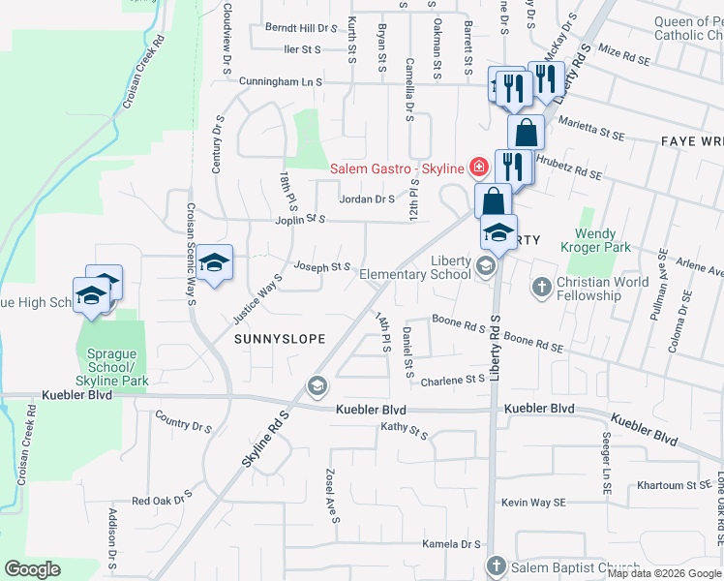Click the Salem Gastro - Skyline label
pyautogui.click(x=398, y=168)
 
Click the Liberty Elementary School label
pyautogui.click(x=415, y=268)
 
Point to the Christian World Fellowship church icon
pyautogui.click(x=541, y=288)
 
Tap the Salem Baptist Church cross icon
pyautogui.click(x=496, y=566)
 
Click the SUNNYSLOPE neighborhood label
pyautogui.click(x=278, y=339)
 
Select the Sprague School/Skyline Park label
pyautogui.click(x=111, y=361)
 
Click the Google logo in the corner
pyautogui.click(x=32, y=569)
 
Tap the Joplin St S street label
pyautogui.click(x=299, y=220)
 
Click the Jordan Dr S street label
pyautogui.click(x=366, y=199)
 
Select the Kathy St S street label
pyautogui.click(x=405, y=427)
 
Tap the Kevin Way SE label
pyautogui.click(x=532, y=503)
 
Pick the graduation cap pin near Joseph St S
pyautogui.click(x=215, y=263)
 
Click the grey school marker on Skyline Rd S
pyautogui.click(x=317, y=387)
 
